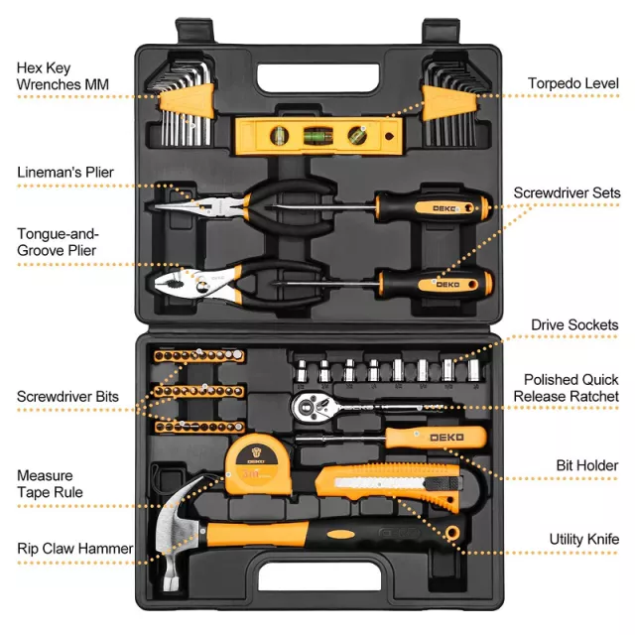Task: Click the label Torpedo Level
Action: [573, 83]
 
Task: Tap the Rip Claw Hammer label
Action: [75, 549]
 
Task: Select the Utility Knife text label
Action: [584, 539]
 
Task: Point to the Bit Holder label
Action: [587, 465]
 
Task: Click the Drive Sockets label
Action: [574, 324]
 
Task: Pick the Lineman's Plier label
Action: [65, 172]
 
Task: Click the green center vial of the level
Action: [318, 136]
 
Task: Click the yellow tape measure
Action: [259, 464]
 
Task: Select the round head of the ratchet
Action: [311, 408]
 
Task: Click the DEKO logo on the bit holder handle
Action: [446, 438]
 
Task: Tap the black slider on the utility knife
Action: [443, 483]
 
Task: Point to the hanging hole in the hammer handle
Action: [452, 532]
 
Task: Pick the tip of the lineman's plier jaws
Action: [156, 207]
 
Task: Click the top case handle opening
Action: [318, 77]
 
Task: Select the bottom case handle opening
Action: [319, 576]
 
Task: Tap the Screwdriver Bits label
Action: [67, 397]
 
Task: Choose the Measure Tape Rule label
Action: [50, 484]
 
